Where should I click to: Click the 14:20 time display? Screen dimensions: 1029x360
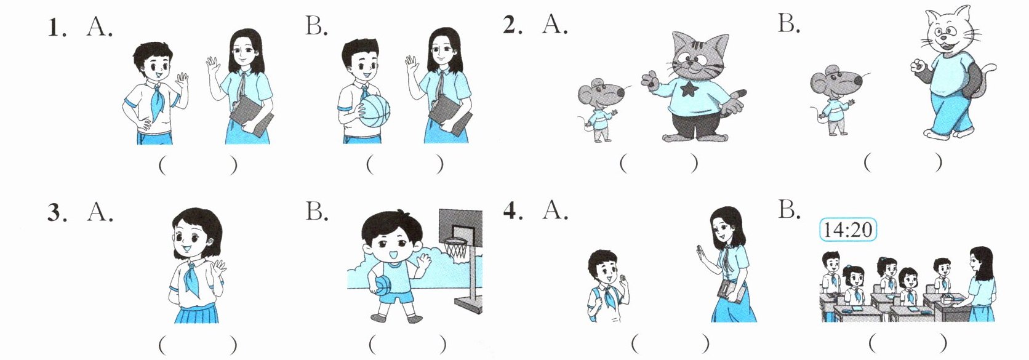tap(849, 230)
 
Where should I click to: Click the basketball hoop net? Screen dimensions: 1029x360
tap(456, 252)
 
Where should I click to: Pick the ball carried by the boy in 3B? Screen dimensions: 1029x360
tap(383, 285)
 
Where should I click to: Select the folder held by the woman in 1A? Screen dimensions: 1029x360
tap(251, 116)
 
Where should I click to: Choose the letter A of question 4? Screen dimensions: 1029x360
tap(555, 211)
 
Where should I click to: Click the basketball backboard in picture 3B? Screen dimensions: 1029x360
tap(460, 225)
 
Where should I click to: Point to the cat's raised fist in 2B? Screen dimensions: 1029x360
tap(918, 65)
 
